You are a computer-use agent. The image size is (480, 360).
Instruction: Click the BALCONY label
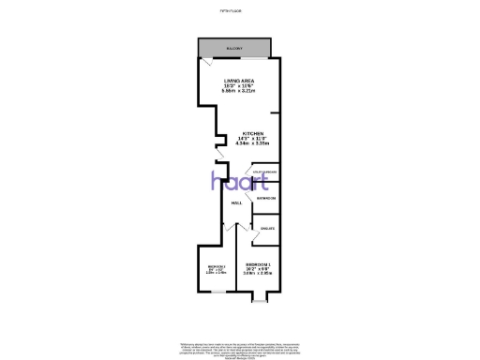[x=234, y=48]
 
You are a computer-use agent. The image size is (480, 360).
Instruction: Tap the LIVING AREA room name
[x=237, y=82]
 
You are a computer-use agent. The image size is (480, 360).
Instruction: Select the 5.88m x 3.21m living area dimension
[x=237, y=92]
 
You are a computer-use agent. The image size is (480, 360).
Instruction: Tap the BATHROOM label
[x=266, y=198]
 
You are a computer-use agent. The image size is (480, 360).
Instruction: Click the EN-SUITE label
[x=265, y=228]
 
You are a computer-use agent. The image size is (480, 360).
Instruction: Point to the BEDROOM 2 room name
[x=216, y=266]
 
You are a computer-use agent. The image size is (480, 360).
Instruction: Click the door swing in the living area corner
[x=205, y=64]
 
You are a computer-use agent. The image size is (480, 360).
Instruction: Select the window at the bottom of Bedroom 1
[x=260, y=303]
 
